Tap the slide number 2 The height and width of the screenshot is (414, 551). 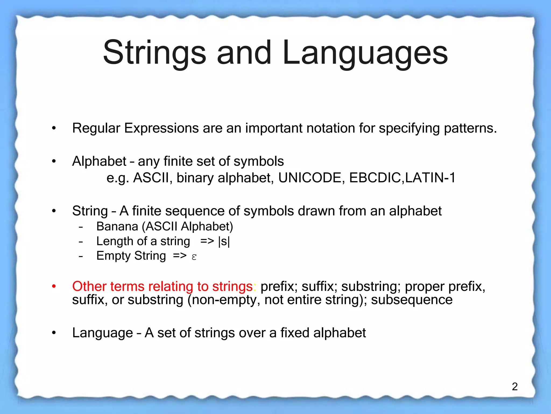click(515, 387)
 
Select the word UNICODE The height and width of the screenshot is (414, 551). click(310, 178)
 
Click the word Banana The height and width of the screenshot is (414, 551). click(117, 226)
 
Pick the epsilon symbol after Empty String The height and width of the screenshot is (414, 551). click(194, 257)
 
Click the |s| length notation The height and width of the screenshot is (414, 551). click(224, 241)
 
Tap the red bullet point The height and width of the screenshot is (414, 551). click(54, 286)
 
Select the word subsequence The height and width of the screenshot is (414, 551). click(412, 300)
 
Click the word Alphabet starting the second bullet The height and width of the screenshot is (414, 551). click(99, 161)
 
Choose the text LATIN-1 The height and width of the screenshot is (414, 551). click(430, 178)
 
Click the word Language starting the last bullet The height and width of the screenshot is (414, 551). click(103, 333)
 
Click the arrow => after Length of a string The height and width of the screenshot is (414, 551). click(207, 241)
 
